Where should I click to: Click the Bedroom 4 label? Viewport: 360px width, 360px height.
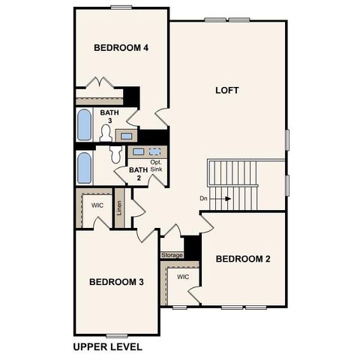click(x=121, y=48)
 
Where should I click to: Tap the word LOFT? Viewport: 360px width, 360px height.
click(x=226, y=91)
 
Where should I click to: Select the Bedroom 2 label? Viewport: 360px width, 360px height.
click(x=242, y=259)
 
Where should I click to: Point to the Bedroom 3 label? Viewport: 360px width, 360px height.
click(x=116, y=283)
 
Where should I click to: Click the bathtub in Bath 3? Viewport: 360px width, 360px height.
click(x=84, y=124)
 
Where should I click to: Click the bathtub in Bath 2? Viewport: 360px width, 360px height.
click(x=84, y=168)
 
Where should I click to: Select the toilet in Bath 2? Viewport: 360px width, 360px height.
click(x=116, y=154)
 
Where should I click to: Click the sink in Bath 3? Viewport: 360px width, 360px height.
click(x=126, y=136)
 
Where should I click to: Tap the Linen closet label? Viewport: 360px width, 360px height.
click(x=119, y=205)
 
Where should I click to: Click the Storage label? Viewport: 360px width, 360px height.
click(x=172, y=255)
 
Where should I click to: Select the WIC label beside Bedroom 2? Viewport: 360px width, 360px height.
click(x=183, y=277)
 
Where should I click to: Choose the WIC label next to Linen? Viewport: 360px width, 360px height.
click(x=97, y=204)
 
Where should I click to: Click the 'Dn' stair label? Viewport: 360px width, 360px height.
click(x=203, y=199)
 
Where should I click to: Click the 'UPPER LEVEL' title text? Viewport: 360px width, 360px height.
click(x=107, y=347)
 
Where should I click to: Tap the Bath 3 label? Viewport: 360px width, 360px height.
click(x=109, y=116)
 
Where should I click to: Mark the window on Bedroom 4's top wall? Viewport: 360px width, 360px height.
click(x=121, y=7)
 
